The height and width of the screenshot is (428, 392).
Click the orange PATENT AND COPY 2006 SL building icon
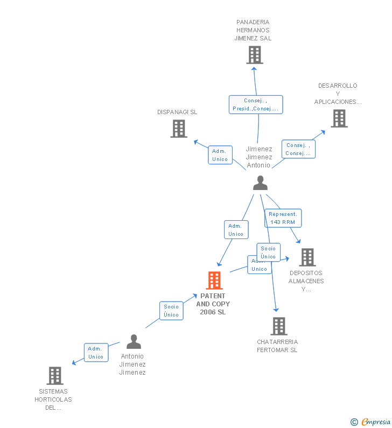tap(214, 280)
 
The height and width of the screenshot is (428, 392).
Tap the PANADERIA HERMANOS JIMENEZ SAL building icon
tap(255, 55)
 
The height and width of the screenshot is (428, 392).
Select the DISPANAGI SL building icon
tap(179, 129)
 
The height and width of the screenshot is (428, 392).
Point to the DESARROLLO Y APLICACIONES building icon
tap(339, 118)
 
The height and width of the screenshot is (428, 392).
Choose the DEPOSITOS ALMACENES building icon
tap(307, 257)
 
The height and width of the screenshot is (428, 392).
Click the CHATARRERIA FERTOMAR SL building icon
tap(278, 326)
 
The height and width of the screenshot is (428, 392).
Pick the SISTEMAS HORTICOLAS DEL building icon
tap(54, 376)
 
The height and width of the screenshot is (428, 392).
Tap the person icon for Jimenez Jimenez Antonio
tap(260, 183)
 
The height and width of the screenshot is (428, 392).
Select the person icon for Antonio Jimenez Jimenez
tap(134, 342)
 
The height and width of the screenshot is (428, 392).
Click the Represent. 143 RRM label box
tap(283, 218)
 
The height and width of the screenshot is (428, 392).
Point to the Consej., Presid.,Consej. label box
tap(256, 104)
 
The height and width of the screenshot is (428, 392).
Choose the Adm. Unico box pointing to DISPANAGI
tap(220, 155)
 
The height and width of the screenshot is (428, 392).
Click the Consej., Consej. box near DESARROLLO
tap(298, 149)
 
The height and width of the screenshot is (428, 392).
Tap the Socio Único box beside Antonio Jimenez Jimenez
tap(171, 311)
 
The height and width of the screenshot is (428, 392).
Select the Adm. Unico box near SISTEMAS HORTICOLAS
tap(96, 353)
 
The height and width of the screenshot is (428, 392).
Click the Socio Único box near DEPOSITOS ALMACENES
tap(268, 252)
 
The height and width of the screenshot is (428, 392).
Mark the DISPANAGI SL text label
tap(177, 112)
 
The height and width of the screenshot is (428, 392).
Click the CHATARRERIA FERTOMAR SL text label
tap(277, 346)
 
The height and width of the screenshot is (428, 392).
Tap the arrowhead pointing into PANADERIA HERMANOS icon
tap(254, 68)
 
